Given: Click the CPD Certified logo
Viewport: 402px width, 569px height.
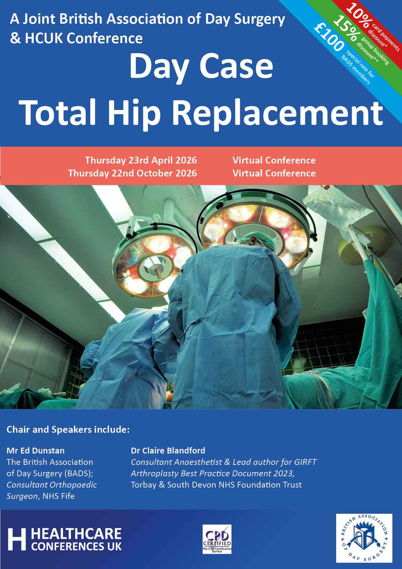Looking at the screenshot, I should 217,539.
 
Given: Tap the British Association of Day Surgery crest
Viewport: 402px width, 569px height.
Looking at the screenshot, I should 364,538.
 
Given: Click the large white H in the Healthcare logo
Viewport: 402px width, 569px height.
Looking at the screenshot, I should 17,539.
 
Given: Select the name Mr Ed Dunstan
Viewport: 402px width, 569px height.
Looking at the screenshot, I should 36,451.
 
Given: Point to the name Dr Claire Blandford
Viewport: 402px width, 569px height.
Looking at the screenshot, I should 168,451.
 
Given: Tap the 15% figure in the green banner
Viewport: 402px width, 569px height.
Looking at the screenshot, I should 346,29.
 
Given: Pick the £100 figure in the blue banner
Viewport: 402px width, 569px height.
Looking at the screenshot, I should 329,38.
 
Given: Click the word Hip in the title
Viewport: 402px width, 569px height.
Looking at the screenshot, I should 134,113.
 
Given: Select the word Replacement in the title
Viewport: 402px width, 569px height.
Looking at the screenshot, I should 278,113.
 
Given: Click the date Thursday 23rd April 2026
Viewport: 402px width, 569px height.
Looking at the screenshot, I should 141,160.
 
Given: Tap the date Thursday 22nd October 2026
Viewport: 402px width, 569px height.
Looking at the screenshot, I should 132,173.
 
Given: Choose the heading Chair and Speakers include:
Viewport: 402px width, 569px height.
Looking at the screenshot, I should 68,430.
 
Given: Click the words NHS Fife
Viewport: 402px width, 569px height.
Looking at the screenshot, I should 59,496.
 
